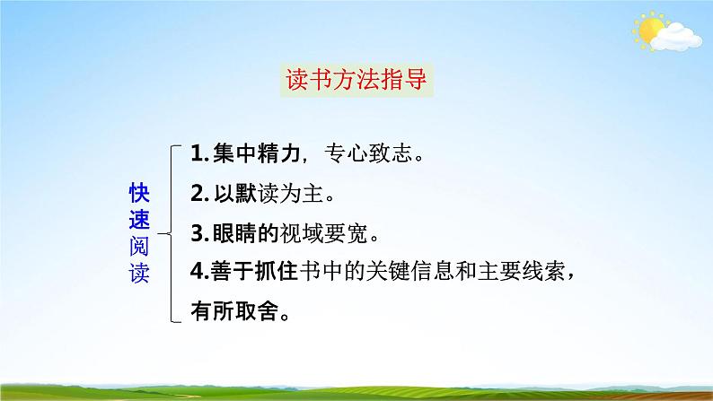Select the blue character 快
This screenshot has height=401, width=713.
138,195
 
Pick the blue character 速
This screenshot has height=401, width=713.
138,218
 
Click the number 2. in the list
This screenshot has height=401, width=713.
200,193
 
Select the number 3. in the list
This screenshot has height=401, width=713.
200,233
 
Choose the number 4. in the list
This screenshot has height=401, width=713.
198,272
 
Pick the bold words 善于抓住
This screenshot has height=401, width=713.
250,272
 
